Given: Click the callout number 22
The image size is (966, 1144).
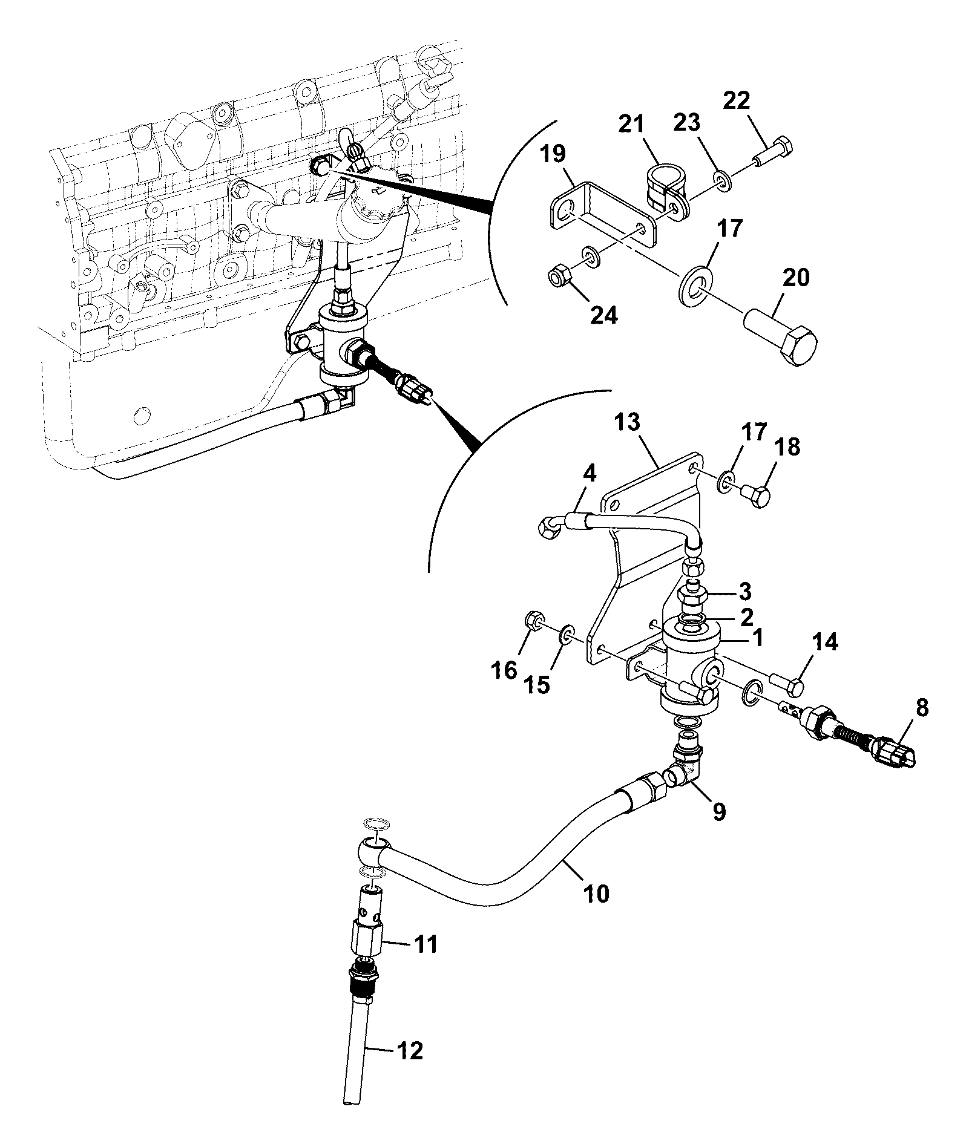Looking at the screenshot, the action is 735,100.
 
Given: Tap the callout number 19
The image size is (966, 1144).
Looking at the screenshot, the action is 554,154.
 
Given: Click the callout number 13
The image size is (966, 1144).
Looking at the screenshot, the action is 628,423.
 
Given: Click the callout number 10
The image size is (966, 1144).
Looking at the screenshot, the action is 596,893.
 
